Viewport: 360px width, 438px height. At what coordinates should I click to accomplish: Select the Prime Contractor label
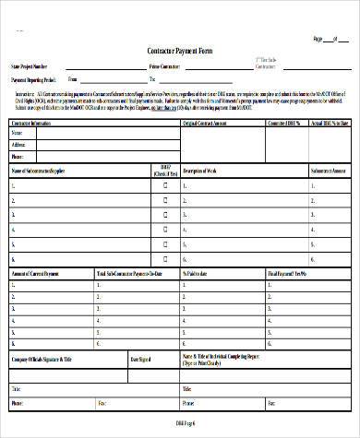[164, 67]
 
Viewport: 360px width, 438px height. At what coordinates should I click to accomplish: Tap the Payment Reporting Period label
[38, 79]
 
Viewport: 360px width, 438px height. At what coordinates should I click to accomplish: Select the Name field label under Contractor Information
[18, 133]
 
